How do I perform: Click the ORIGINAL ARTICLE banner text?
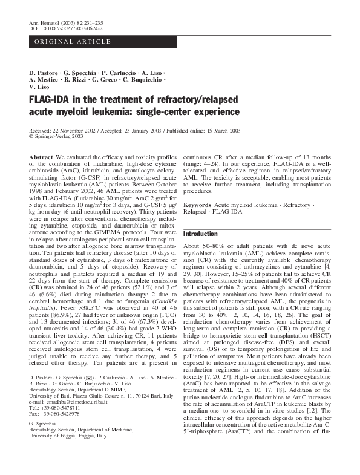tap(72, 41)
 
